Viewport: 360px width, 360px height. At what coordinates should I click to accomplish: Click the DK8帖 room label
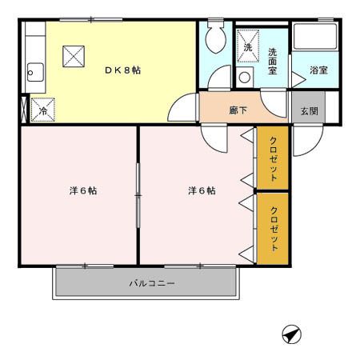coord(122,70)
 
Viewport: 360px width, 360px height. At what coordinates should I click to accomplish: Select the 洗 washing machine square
coord(248,46)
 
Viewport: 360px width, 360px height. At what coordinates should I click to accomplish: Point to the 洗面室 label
coord(272,61)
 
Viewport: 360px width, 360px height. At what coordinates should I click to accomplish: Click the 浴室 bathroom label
coord(318,70)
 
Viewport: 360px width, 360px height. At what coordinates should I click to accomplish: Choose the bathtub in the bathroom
coord(315,36)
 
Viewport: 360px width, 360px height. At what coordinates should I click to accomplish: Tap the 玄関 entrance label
coord(310,110)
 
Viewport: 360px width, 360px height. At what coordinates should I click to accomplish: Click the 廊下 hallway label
coord(238,110)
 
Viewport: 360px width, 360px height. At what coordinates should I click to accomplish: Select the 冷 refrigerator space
coord(43,110)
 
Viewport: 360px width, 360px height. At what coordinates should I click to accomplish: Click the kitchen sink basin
coord(35,72)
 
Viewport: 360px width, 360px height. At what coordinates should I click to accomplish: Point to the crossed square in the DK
coord(74,56)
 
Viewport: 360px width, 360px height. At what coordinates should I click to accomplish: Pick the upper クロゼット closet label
coord(274,158)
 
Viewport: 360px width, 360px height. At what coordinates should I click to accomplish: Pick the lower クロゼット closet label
coord(274,229)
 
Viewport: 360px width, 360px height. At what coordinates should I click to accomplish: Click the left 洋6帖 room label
coord(83,190)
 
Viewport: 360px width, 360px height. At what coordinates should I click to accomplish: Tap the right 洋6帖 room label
coord(202,190)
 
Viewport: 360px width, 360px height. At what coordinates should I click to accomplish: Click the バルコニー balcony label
coord(152,283)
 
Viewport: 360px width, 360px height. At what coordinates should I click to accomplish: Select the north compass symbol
coord(292,334)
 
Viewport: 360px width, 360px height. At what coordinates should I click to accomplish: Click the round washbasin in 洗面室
coord(245,78)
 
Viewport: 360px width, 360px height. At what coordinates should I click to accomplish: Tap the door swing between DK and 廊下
coord(178,105)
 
